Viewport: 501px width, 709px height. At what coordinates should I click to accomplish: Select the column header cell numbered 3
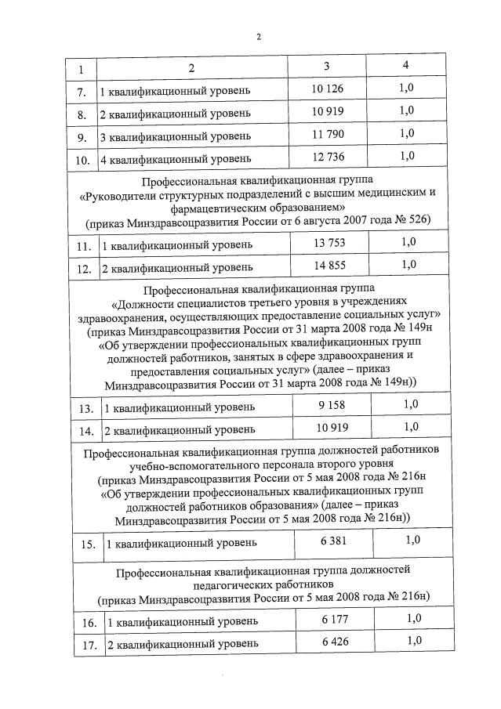327,65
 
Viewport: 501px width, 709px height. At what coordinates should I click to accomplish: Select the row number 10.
82,161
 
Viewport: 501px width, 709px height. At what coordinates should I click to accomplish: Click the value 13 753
329,243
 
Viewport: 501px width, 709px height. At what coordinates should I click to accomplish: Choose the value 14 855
329,266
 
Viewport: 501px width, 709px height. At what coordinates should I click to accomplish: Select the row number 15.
89,544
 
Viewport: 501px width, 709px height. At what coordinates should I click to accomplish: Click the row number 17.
91,646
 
